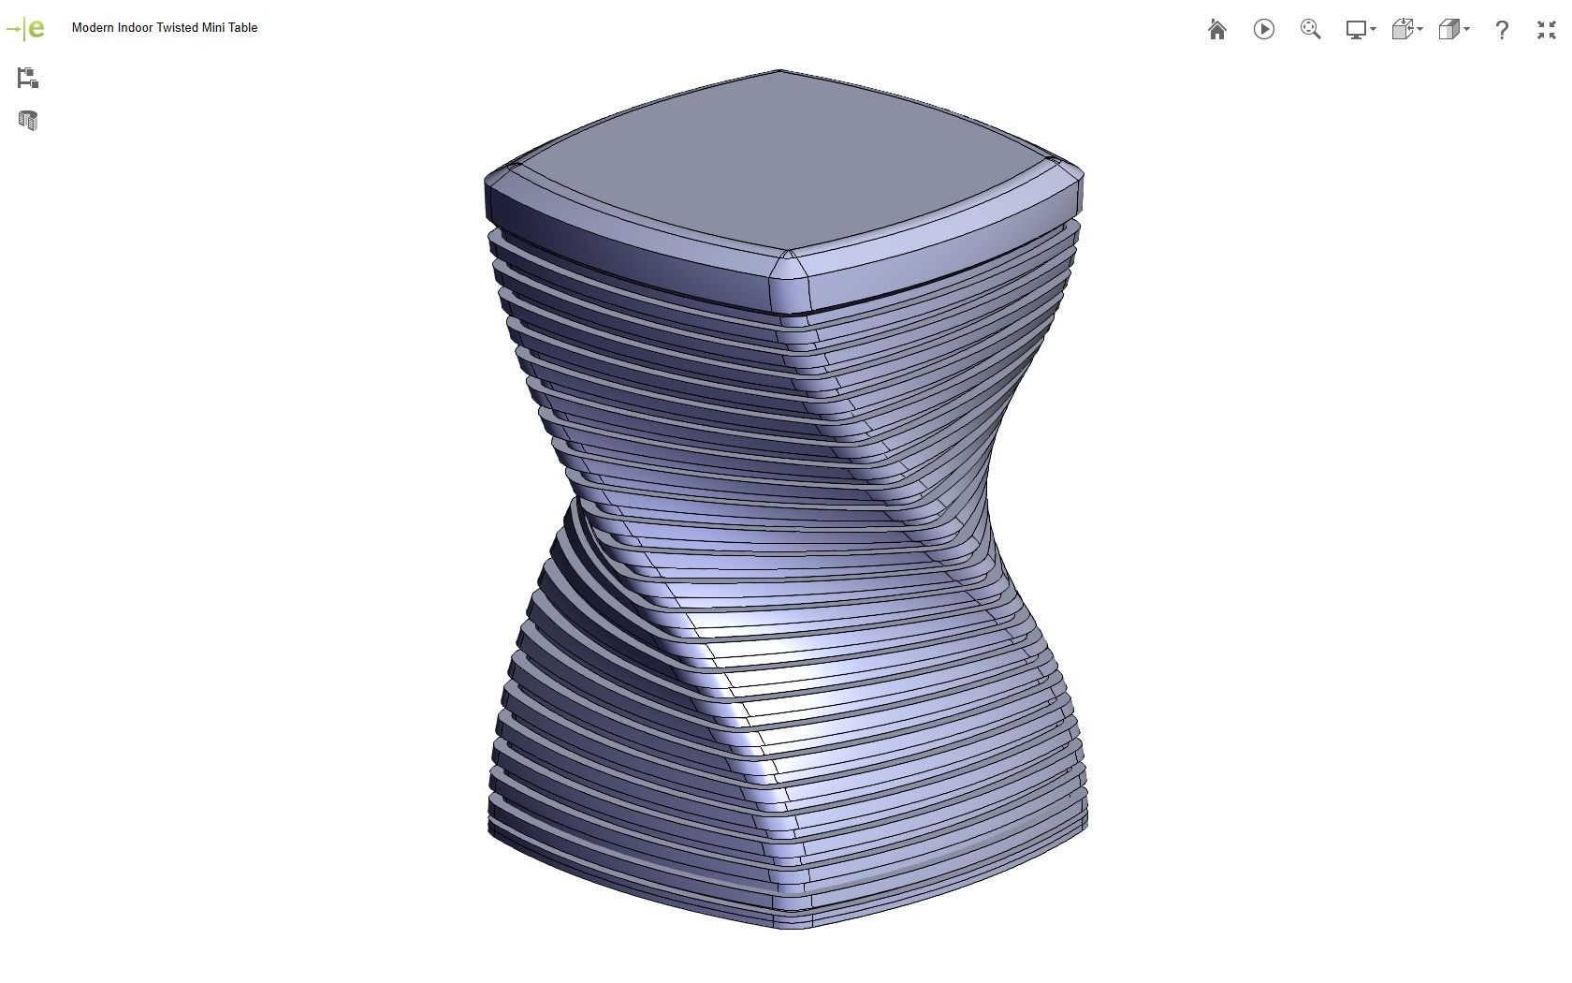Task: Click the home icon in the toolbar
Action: pyautogui.click(x=1216, y=30)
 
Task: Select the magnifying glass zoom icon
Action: pyautogui.click(x=1310, y=30)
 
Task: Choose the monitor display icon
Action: pyautogui.click(x=1356, y=30)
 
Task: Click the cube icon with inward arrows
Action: pyautogui.click(x=1403, y=30)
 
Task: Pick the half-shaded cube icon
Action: pyautogui.click(x=1449, y=30)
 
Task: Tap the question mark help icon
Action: pyautogui.click(x=1502, y=30)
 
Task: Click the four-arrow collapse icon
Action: pyautogui.click(x=1546, y=30)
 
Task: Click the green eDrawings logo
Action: pyautogui.click(x=25, y=29)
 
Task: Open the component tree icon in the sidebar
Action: pyautogui.click(x=27, y=79)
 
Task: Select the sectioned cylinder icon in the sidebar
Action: pyautogui.click(x=27, y=121)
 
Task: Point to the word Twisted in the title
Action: pyautogui.click(x=177, y=28)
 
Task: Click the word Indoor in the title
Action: pyautogui.click(x=135, y=28)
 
